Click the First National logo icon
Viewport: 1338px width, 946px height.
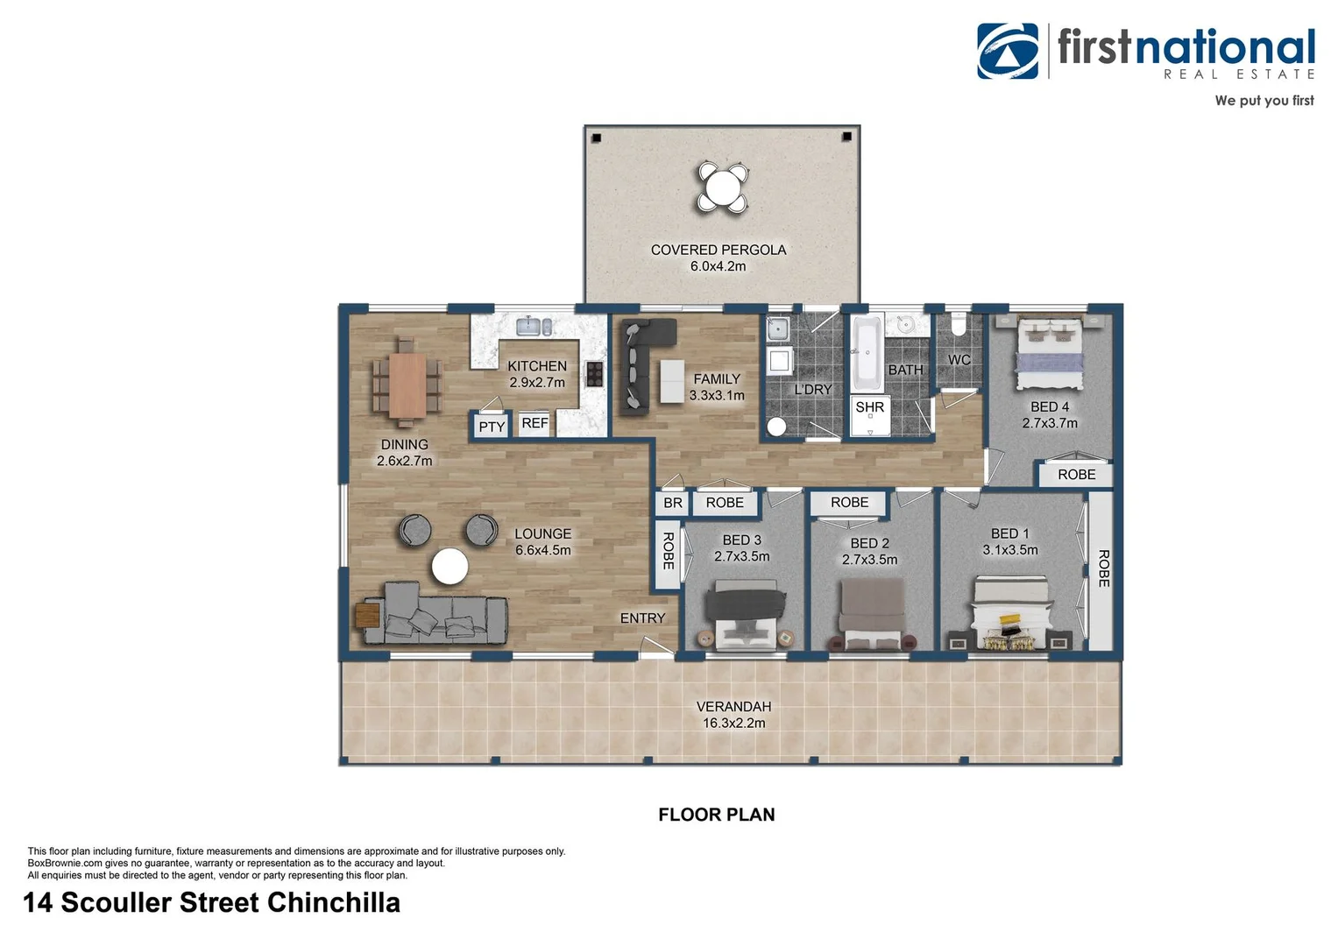pos(1008,51)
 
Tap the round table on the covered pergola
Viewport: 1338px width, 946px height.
pos(721,187)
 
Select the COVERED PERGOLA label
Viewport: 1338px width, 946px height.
pos(719,250)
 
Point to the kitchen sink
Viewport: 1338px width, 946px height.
pos(533,327)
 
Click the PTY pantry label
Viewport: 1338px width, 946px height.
pos(492,427)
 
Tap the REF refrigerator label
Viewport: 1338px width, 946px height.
pos(534,423)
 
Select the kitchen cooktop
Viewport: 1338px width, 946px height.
pos(594,375)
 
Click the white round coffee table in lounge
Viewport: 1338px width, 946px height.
pos(450,566)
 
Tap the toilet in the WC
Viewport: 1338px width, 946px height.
pos(958,325)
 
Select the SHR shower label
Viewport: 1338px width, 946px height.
pos(869,407)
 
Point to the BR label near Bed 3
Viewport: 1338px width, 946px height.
pos(672,503)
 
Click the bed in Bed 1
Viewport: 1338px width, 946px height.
pos(1010,613)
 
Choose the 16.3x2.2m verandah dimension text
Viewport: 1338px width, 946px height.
pos(733,724)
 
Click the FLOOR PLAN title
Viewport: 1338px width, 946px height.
pos(716,815)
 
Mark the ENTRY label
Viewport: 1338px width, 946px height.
pos(642,618)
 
